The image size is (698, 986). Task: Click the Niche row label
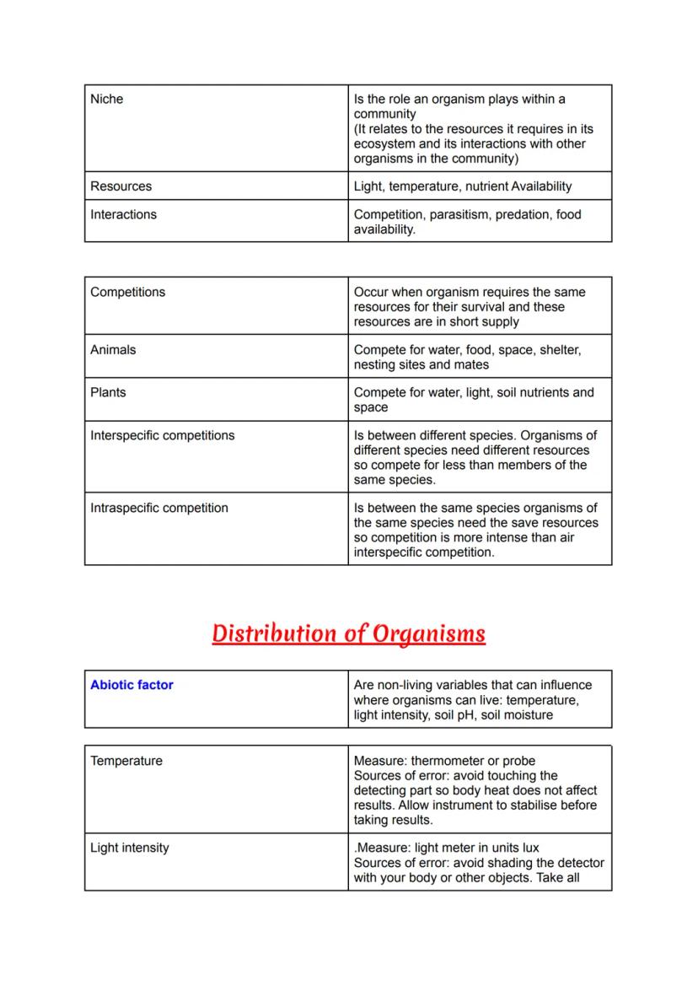coord(107,100)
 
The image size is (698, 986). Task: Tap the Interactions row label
coord(124,215)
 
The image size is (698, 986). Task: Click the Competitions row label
coord(128,293)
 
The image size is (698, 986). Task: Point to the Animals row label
coord(113,350)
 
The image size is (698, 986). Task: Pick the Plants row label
coord(108,393)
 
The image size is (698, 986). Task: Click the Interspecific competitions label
coord(163,436)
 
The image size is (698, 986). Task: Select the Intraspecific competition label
coord(159,509)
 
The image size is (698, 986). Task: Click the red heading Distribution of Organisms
coord(348,633)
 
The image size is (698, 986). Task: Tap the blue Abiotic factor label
coord(132,686)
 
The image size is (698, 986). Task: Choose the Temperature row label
coord(126,762)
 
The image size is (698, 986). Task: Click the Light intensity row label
coord(130,849)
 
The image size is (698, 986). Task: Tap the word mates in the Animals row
coord(472,365)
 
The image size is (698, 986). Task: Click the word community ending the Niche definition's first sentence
coord(385,115)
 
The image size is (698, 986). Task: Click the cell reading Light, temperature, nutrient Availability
coord(463,186)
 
